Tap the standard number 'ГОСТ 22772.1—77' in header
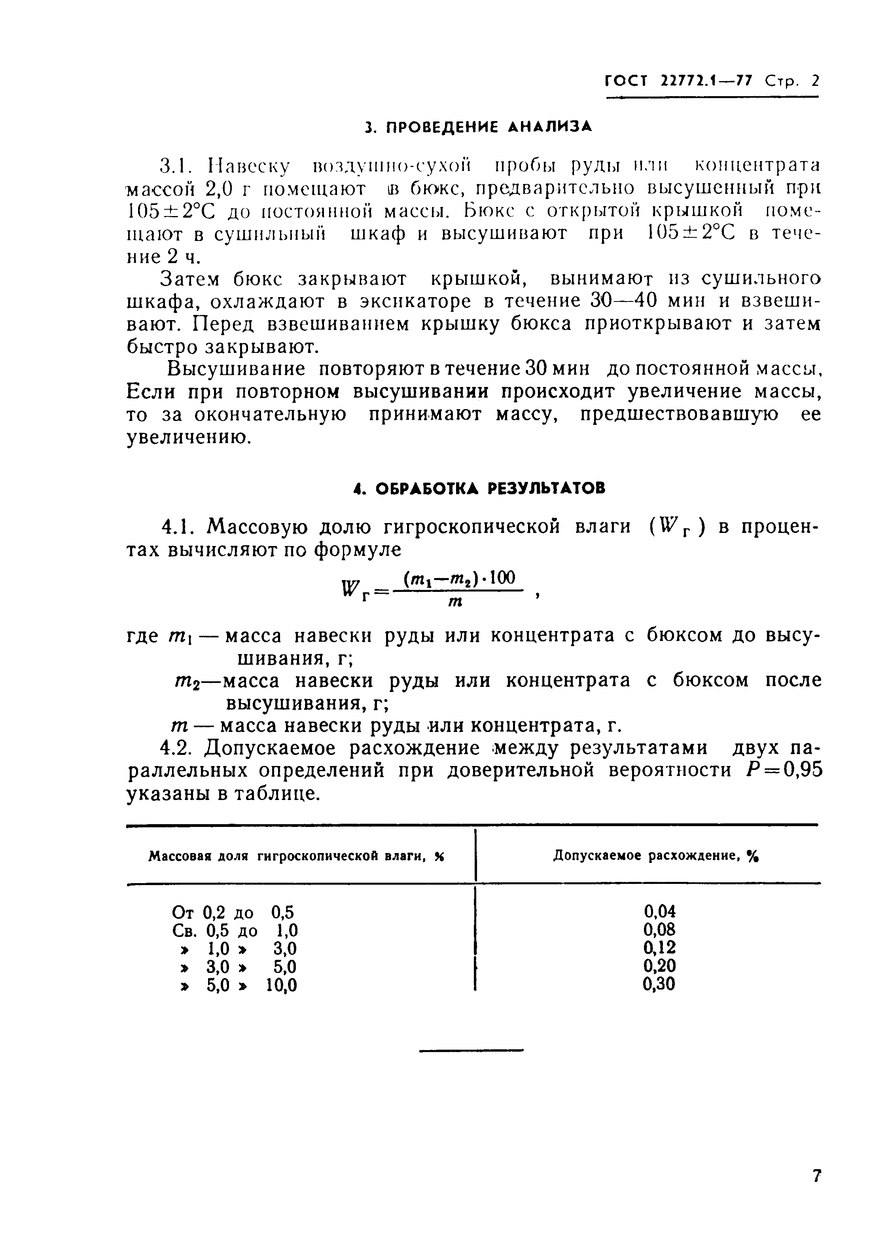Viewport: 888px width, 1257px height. [x=679, y=82]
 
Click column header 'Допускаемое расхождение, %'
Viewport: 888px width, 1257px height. [x=657, y=856]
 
